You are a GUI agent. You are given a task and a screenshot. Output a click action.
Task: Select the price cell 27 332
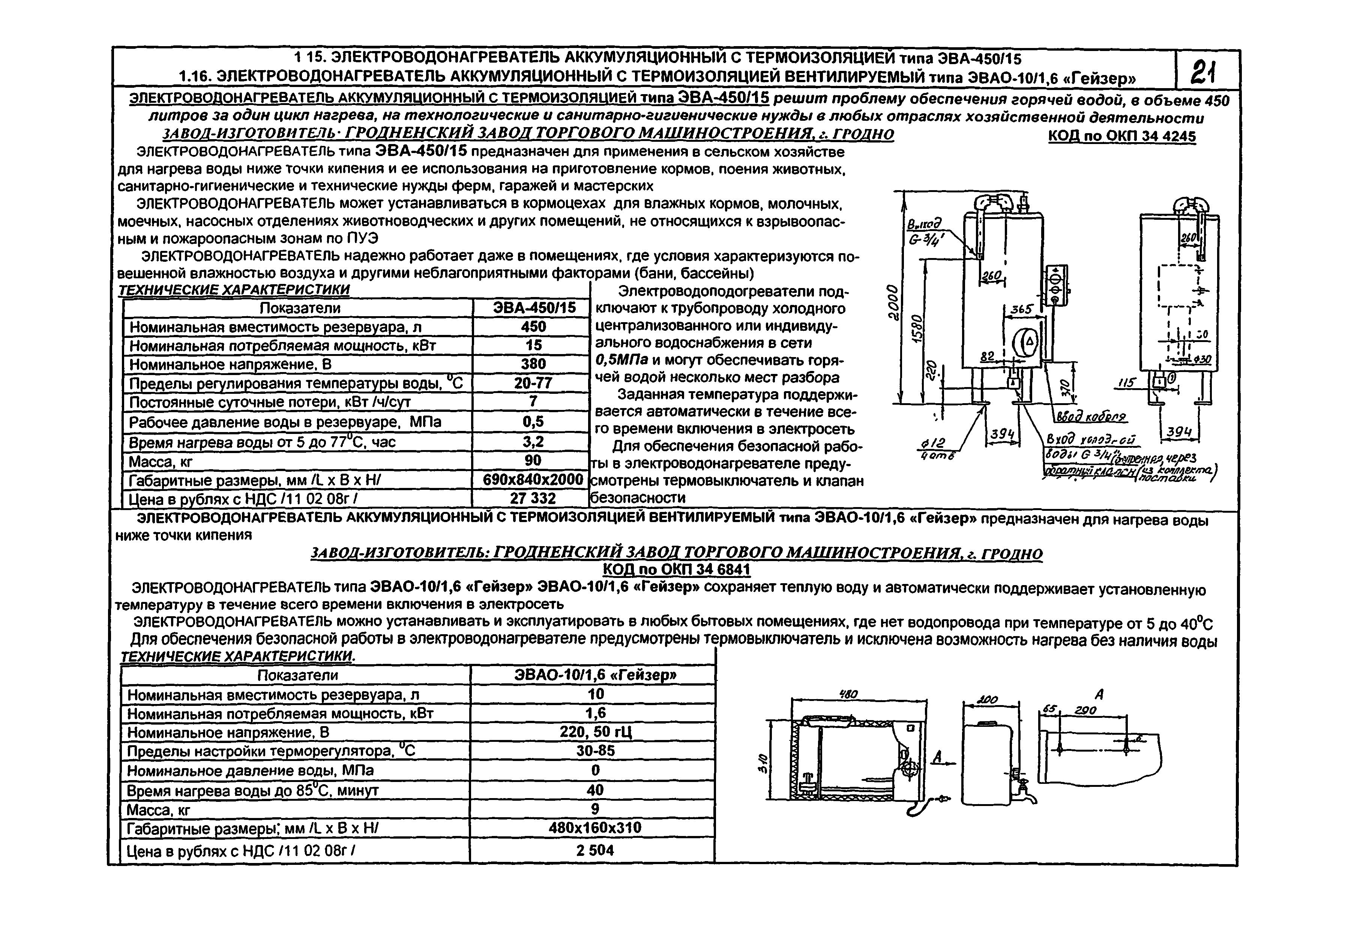(x=532, y=498)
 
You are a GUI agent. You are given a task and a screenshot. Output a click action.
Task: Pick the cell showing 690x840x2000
(x=532, y=479)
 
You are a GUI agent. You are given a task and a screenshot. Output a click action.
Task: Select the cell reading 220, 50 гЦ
(x=595, y=732)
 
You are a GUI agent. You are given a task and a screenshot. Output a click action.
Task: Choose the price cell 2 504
(x=595, y=850)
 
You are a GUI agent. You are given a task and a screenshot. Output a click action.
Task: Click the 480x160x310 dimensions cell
(x=595, y=828)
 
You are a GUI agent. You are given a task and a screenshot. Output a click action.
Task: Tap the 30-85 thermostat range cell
(x=595, y=750)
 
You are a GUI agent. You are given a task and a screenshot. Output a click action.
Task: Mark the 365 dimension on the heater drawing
(x=1022, y=309)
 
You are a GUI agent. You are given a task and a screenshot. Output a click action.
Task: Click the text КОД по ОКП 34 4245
(x=1122, y=136)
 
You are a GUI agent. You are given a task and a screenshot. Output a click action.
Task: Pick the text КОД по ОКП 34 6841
(x=676, y=570)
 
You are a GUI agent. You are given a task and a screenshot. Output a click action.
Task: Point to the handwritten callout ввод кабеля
(x=1090, y=417)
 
